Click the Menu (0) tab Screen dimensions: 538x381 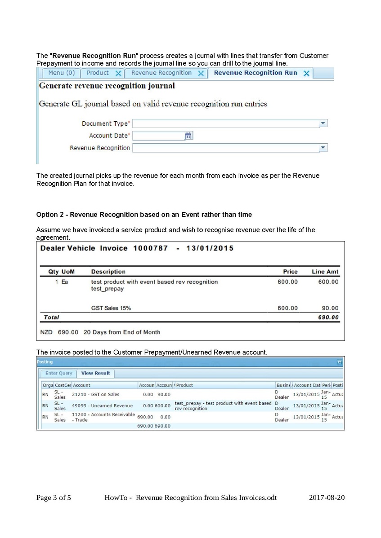(61, 73)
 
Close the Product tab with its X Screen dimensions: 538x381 (118, 73)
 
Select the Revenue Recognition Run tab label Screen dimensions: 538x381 (255, 73)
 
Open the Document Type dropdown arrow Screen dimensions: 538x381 (323, 123)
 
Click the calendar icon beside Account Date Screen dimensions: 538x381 (189, 136)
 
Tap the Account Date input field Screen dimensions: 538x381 (158, 136)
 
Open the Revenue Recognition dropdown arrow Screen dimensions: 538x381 (323, 148)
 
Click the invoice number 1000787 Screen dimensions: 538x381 (150, 248)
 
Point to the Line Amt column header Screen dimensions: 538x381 (325, 272)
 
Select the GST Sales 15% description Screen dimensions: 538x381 (111, 308)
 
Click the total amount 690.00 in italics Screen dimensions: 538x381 (328, 318)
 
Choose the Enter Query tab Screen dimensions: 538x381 (58, 373)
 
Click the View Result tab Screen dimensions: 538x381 (95, 373)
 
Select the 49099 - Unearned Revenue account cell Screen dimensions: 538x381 (103, 406)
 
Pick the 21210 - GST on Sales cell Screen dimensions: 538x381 (96, 394)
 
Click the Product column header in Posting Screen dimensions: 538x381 (184, 385)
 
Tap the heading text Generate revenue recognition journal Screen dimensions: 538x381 (107, 85)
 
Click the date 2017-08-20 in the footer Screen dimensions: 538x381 (327, 498)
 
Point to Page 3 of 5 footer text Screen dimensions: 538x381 (54, 498)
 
